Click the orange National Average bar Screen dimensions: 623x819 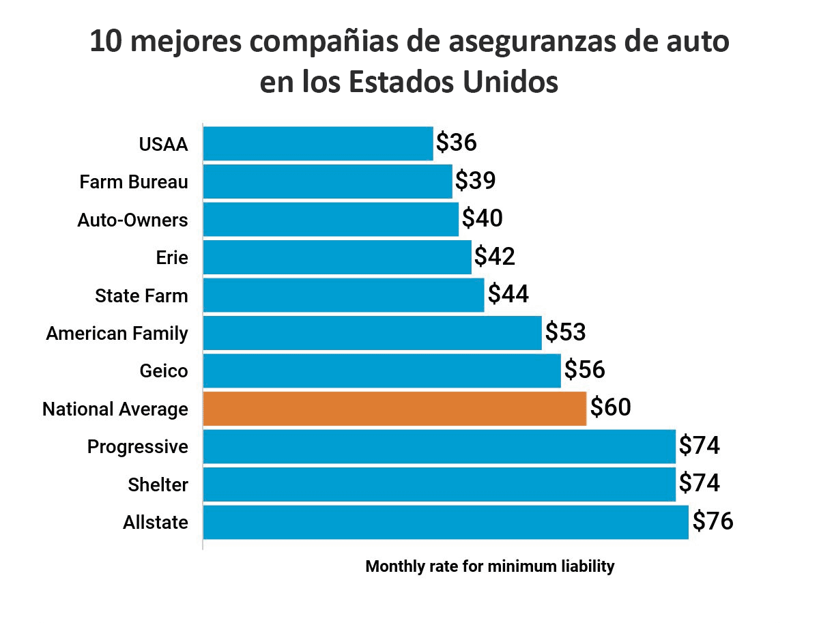click(394, 409)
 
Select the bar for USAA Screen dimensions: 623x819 click(318, 143)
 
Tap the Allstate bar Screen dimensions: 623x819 click(446, 522)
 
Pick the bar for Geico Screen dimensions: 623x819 click(382, 371)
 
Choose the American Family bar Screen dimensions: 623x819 click(372, 333)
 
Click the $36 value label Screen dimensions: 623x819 click(456, 143)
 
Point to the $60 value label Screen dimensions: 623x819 click(610, 408)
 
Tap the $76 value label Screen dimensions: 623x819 click(713, 522)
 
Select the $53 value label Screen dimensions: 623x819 click(565, 333)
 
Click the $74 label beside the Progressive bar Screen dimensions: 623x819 click(700, 446)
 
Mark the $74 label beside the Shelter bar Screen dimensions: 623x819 click(700, 484)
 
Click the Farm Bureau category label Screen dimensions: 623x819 click(134, 182)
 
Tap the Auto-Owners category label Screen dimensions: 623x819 click(132, 220)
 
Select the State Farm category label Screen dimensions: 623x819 click(141, 296)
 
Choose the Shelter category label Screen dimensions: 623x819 click(158, 484)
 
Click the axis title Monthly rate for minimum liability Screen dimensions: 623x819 click(490, 566)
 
